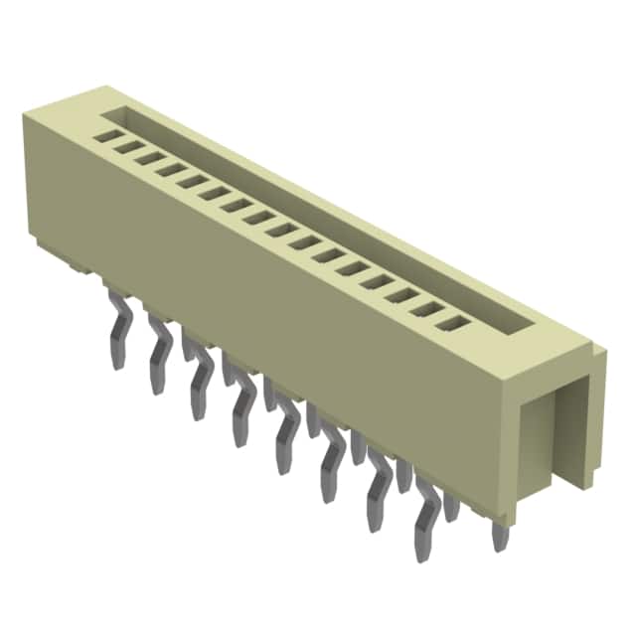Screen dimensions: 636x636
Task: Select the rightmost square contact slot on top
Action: tap(455, 322)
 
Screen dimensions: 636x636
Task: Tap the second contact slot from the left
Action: tap(128, 145)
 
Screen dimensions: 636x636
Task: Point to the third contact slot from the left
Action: tap(149, 156)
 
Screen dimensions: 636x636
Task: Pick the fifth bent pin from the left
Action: tap(286, 434)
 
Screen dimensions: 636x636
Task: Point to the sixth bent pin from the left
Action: tap(331, 462)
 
